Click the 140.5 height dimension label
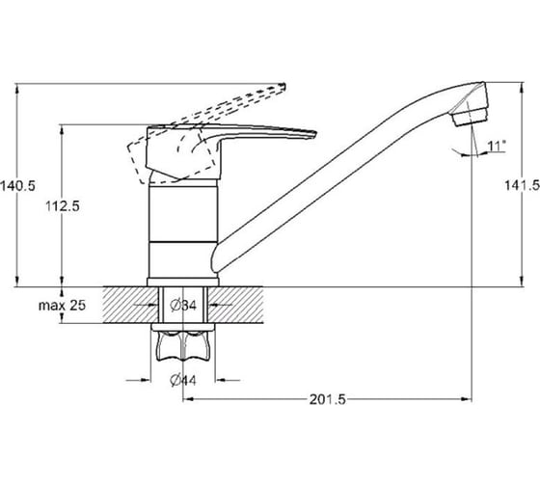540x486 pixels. point(17,186)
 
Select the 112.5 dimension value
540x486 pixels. point(63,206)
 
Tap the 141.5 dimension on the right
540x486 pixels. point(522,185)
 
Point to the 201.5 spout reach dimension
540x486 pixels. point(327,399)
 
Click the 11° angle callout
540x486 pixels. point(497,146)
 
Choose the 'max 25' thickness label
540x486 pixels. point(62,305)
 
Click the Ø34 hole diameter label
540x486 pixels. point(183,305)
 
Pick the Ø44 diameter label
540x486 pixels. point(183,380)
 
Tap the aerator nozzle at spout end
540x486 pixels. point(471,117)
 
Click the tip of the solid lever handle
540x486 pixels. point(315,133)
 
